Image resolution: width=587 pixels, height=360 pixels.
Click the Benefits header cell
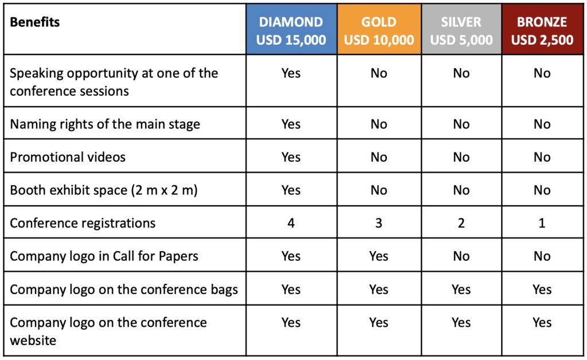(35, 22)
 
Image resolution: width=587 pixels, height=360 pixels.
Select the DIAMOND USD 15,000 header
(291, 31)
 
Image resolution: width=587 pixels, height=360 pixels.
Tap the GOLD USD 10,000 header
(379, 31)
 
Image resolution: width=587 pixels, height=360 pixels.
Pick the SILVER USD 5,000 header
(461, 31)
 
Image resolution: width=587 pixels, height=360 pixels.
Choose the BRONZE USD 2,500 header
(542, 31)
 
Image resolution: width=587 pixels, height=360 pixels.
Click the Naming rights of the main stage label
(105, 124)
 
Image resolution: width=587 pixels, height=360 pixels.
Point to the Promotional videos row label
(68, 157)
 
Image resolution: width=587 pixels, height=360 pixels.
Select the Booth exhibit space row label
(104, 190)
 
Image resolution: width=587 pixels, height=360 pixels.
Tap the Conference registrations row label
(83, 223)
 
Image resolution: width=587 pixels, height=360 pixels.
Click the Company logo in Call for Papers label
(104, 256)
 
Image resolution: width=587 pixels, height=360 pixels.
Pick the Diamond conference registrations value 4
(291, 223)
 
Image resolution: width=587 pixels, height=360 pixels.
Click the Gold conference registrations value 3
(379, 223)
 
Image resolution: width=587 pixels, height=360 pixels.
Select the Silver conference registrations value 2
(461, 223)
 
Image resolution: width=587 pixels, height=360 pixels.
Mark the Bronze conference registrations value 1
(542, 223)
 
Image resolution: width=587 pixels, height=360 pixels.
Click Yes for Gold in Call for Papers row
(379, 256)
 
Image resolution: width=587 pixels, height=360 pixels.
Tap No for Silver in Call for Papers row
(461, 256)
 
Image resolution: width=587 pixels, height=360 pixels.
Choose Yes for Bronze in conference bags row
(542, 289)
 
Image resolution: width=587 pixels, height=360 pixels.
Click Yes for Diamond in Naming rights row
(291, 124)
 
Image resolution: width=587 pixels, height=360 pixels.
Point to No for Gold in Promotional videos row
(379, 157)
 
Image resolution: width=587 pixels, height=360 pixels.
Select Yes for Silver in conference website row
(461, 322)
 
